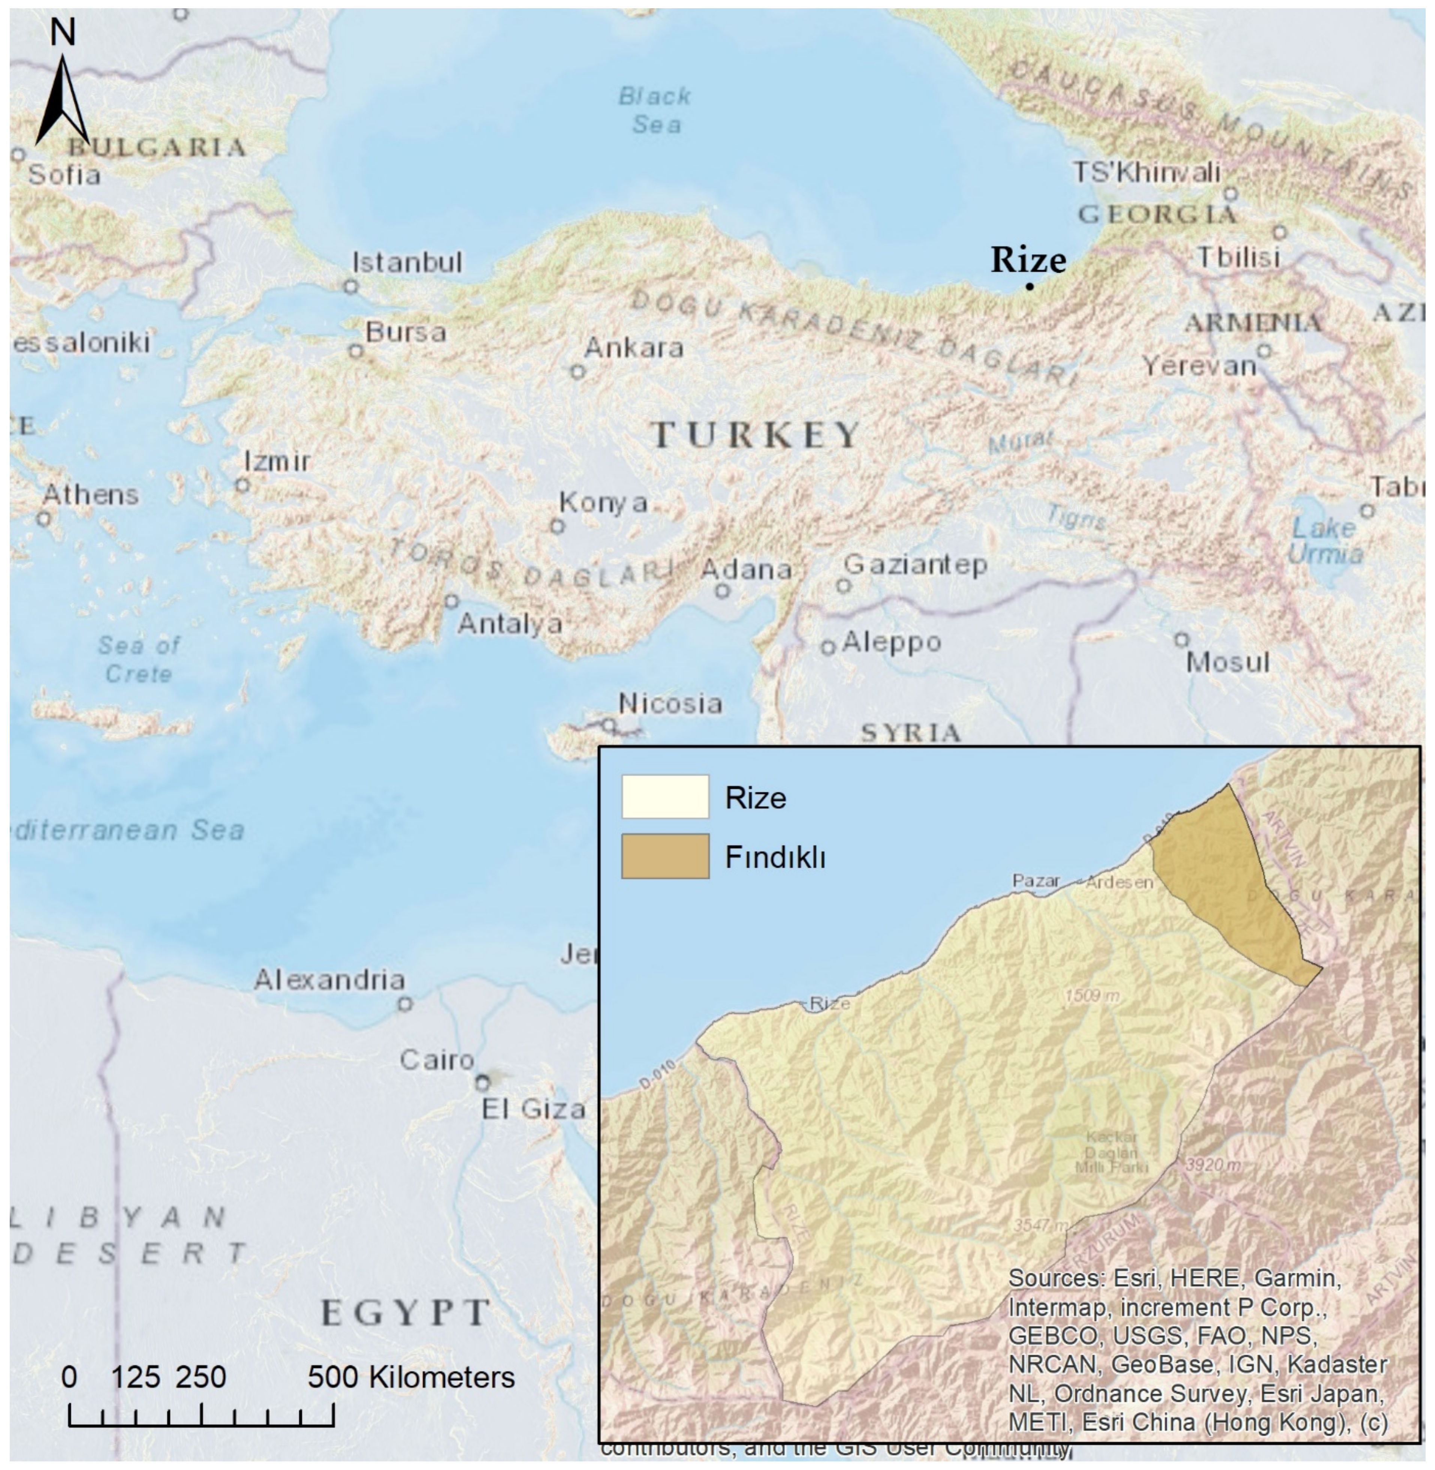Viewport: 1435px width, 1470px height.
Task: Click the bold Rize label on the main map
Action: click(1028, 260)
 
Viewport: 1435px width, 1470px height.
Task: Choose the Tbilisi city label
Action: click(1239, 258)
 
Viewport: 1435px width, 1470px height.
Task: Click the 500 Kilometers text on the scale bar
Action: click(411, 1377)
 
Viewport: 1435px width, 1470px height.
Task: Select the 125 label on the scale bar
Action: click(136, 1377)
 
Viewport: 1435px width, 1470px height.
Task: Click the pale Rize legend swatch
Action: click(665, 797)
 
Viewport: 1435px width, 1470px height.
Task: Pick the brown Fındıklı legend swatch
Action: click(665, 856)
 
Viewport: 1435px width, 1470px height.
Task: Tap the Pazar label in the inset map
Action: click(1035, 881)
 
